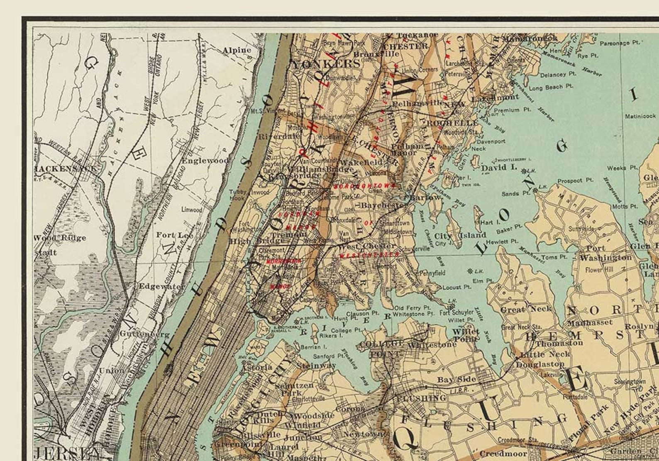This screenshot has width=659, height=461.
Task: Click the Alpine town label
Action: point(237,51)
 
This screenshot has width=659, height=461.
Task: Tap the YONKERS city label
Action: point(327,64)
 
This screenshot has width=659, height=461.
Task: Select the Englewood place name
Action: point(205,161)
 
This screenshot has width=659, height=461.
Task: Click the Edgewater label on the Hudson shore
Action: point(162,286)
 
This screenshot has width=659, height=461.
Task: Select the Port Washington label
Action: point(605,253)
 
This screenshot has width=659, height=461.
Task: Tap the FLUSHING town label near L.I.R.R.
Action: point(422,398)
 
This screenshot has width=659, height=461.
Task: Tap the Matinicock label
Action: point(640,116)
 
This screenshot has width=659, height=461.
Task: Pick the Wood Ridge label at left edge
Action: point(59,238)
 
